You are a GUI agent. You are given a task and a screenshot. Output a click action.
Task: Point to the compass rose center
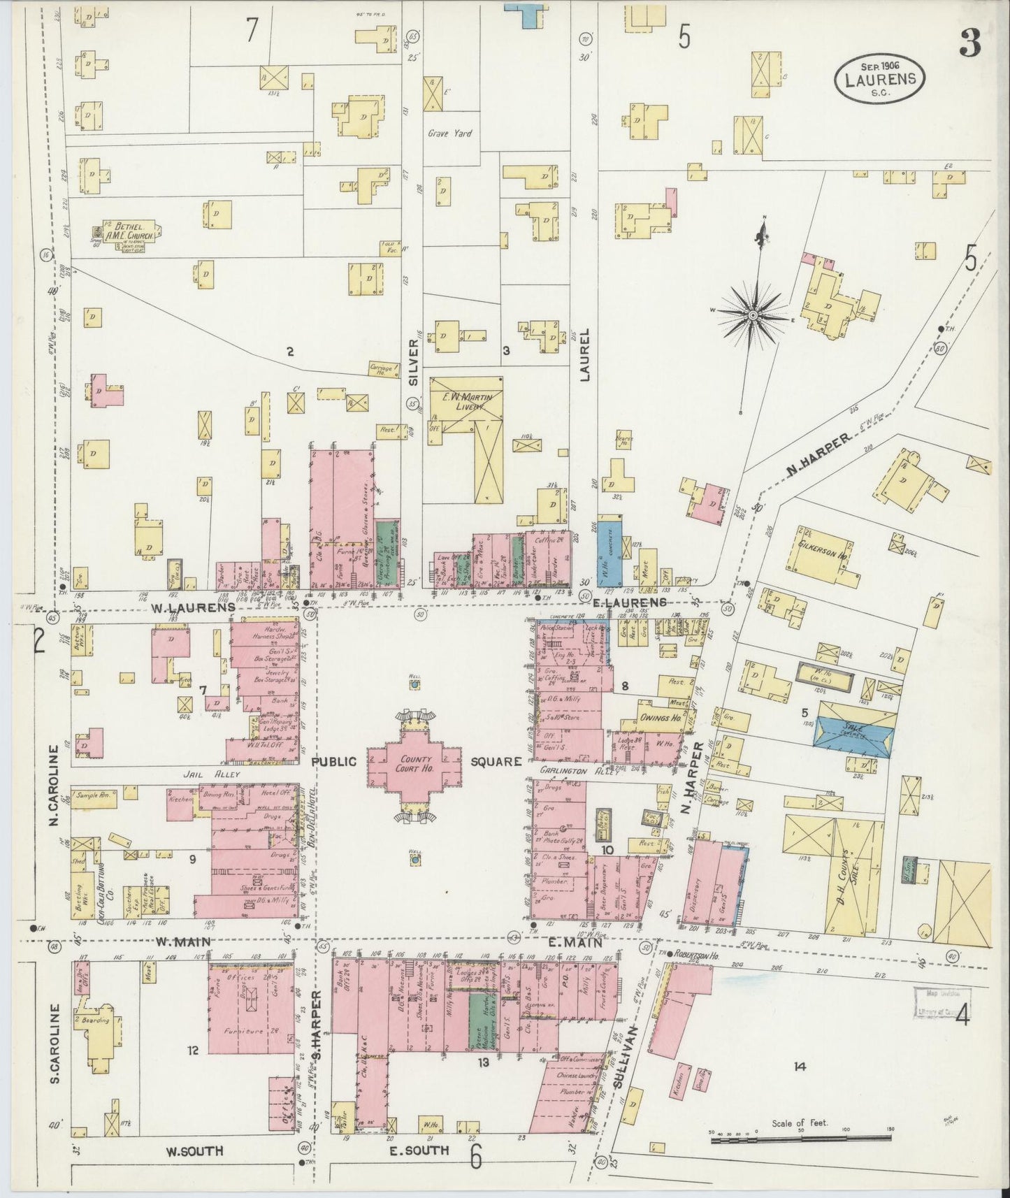[x=753, y=316]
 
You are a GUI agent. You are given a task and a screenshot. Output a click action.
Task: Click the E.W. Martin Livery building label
[x=466, y=401]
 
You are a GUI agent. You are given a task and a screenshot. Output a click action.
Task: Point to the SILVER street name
[x=413, y=363]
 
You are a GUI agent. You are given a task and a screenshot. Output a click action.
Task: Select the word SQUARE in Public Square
[x=496, y=761]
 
